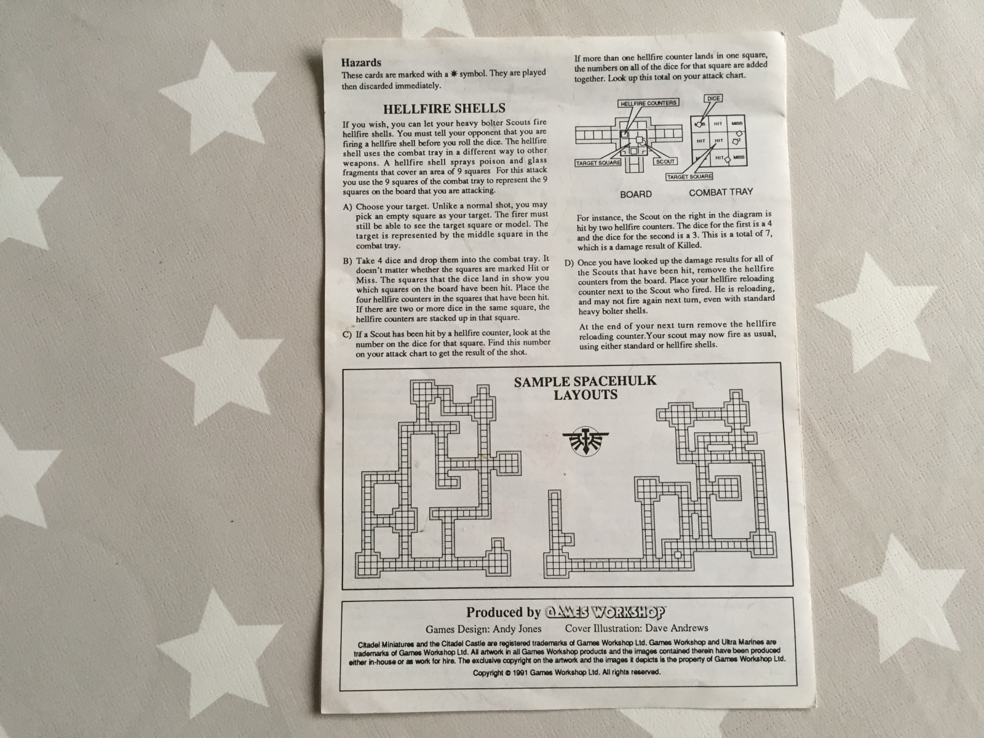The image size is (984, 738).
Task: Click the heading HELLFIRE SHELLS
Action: click(x=444, y=108)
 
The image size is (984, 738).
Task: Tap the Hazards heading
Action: click(x=362, y=62)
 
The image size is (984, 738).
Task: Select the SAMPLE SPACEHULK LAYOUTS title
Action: click(x=585, y=387)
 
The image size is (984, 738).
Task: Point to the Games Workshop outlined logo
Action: click(x=605, y=612)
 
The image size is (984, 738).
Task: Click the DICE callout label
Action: click(x=713, y=98)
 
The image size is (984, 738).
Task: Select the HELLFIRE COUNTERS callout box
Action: click(x=648, y=103)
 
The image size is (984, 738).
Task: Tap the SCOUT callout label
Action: click(x=665, y=161)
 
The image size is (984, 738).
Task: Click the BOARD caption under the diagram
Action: click(x=636, y=194)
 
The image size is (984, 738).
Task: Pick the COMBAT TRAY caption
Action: click(x=721, y=192)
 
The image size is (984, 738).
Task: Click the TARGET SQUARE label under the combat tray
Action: click(x=689, y=177)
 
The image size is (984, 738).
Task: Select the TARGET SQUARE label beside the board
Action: click(x=598, y=163)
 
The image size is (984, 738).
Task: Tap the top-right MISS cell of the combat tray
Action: click(x=737, y=124)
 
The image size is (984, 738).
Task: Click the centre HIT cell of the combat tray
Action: click(x=719, y=141)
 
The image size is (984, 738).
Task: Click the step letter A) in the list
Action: click(x=348, y=207)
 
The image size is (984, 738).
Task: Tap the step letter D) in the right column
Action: click(x=568, y=263)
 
